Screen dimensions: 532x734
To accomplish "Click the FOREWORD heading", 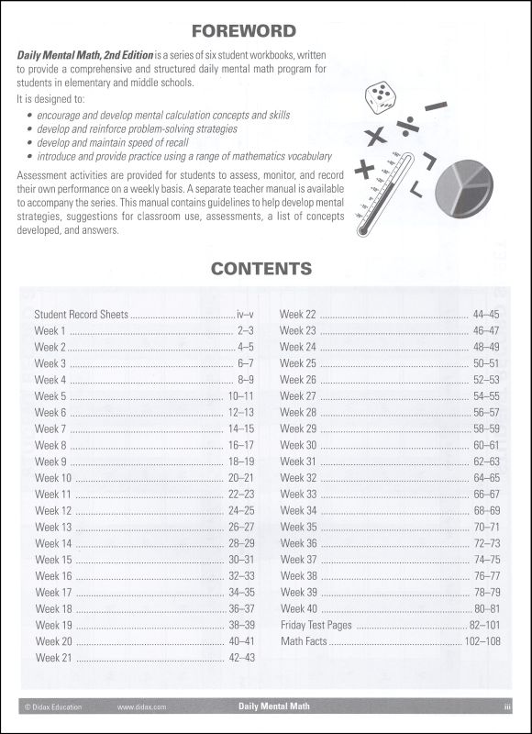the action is pos(265,31).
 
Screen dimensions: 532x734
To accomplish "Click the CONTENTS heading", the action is pos(261,269).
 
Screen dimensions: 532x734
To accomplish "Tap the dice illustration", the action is pos(379,96).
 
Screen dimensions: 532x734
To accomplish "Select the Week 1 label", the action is pos(50,330).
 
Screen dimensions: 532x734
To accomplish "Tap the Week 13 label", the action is pos(53,527).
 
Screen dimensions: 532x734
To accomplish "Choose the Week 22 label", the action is pos(298,314).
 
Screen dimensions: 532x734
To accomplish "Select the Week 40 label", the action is pos(298,608).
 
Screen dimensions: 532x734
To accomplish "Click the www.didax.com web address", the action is pos(141,707).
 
